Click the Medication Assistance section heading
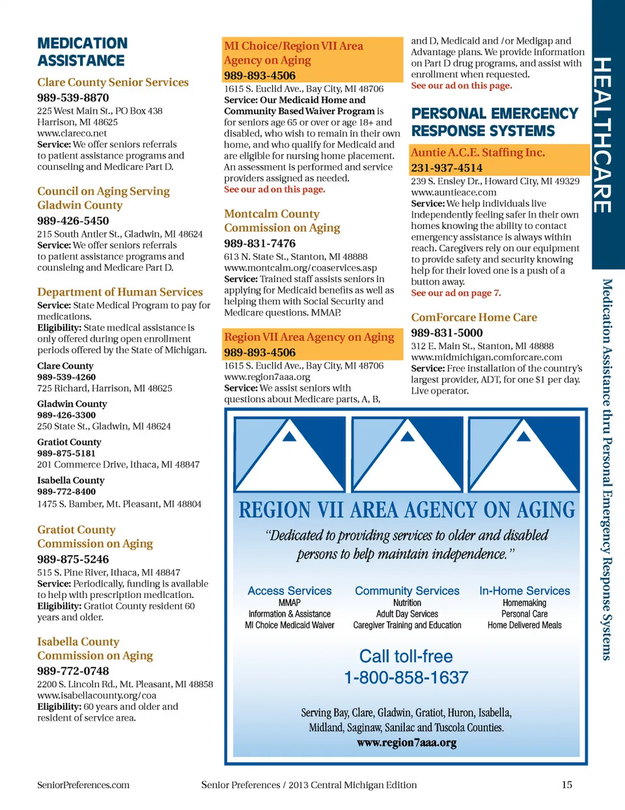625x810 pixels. tap(82, 52)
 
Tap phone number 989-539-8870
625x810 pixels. tap(73, 98)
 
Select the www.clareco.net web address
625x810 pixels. tap(72, 133)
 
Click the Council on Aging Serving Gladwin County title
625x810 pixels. tap(103, 198)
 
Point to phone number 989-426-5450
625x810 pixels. tap(73, 221)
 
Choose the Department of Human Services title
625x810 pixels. tap(120, 292)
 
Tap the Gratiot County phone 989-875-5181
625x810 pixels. tap(66, 453)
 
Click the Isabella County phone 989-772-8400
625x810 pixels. tap(66, 492)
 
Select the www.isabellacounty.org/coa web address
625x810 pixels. tap(96, 695)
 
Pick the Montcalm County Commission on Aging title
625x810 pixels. tap(282, 221)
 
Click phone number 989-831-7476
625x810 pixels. tap(260, 243)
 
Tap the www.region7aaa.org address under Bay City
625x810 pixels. tap(267, 377)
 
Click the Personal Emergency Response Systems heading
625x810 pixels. tap(494, 122)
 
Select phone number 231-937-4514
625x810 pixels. tap(447, 168)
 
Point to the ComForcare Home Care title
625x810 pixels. tap(474, 317)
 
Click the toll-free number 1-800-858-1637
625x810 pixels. tap(406, 678)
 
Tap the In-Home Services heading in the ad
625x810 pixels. tap(524, 591)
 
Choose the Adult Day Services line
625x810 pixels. tap(407, 614)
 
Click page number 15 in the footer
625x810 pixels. tap(567, 785)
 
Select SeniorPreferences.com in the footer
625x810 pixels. tap(83, 785)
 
